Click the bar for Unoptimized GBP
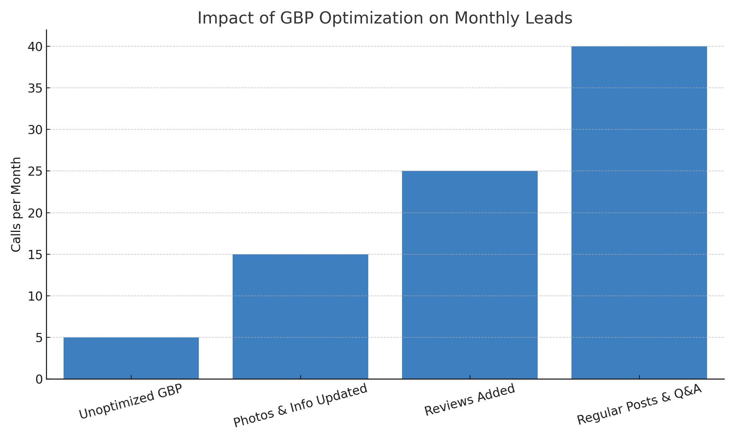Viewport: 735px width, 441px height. [x=131, y=358]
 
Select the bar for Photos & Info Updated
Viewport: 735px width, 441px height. [x=300, y=316]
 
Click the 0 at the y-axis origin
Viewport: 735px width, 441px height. [x=39, y=379]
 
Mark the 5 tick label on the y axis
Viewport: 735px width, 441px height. [x=39, y=338]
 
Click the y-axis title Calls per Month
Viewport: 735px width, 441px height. [x=16, y=204]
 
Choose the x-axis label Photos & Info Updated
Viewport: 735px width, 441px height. [x=301, y=405]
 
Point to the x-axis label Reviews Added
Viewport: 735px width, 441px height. [x=470, y=400]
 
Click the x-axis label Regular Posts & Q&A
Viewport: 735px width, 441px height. [x=639, y=404]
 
